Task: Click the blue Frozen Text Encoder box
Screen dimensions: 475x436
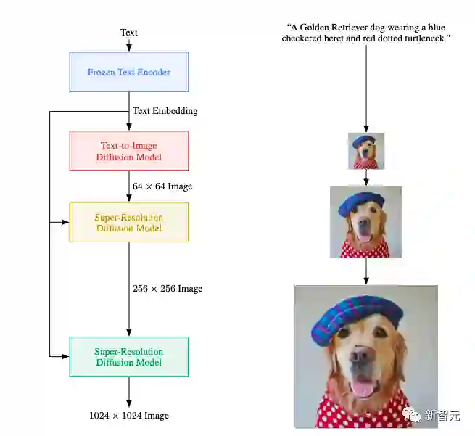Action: (x=129, y=72)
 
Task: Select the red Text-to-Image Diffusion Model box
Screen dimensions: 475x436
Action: (x=129, y=151)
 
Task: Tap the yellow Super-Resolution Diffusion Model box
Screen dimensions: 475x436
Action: (x=129, y=222)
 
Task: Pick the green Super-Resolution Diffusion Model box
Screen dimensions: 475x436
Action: (x=129, y=356)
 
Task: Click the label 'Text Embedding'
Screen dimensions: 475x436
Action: (x=165, y=111)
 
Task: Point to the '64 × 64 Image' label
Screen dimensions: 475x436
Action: (x=162, y=186)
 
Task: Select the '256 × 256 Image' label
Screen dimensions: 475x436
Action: (x=168, y=288)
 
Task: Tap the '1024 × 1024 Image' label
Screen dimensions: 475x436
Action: (x=129, y=416)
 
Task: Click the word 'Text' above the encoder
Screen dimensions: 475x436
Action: (x=129, y=32)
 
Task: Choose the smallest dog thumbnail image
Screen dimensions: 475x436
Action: (x=365, y=151)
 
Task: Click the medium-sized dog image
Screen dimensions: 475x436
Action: (x=365, y=222)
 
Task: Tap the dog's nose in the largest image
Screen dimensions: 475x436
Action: (x=362, y=356)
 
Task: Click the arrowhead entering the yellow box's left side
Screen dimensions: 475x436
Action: (x=65, y=222)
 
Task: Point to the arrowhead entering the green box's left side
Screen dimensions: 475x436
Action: (x=65, y=356)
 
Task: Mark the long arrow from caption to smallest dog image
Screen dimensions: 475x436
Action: (x=365, y=87)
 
